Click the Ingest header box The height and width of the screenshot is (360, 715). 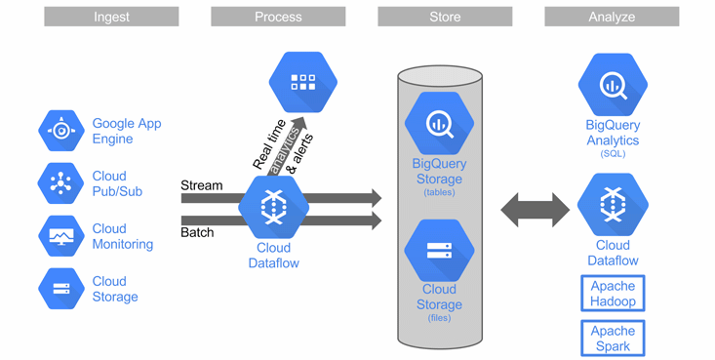click(x=111, y=17)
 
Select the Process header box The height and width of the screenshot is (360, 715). click(x=278, y=17)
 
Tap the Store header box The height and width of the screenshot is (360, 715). click(x=445, y=17)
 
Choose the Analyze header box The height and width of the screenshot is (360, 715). click(x=612, y=17)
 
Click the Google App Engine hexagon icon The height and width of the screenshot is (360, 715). click(x=61, y=131)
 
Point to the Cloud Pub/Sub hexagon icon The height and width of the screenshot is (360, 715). click(x=61, y=183)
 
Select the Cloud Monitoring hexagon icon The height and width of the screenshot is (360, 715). click(x=61, y=236)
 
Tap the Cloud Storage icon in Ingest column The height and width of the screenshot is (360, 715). click(x=61, y=289)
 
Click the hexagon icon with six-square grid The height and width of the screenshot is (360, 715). click(x=303, y=82)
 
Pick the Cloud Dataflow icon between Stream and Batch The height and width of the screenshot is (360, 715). click(x=273, y=207)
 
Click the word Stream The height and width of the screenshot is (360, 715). click(x=202, y=185)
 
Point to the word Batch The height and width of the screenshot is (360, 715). click(x=197, y=232)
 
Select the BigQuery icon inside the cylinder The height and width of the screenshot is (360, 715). click(x=439, y=123)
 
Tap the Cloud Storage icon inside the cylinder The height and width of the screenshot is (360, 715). click(x=439, y=251)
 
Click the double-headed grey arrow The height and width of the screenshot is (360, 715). click(x=536, y=210)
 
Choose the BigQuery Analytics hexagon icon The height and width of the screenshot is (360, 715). click(x=613, y=85)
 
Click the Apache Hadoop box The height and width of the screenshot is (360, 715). click(x=613, y=294)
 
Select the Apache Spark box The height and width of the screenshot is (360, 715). click(x=613, y=339)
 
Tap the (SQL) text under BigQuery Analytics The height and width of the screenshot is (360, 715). click(x=613, y=154)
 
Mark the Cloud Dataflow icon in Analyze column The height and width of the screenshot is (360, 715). click(x=613, y=205)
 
